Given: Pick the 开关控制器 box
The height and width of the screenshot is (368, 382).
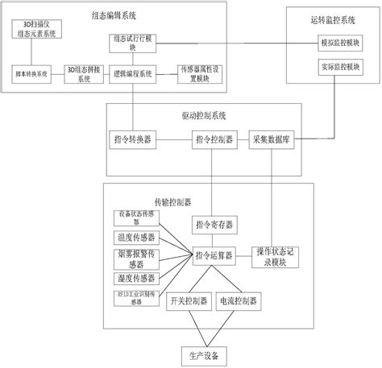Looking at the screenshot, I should [187, 301].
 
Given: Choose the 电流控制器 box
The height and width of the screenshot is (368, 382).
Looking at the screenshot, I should [239, 301].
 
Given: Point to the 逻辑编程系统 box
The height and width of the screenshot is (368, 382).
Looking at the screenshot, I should [135, 73].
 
